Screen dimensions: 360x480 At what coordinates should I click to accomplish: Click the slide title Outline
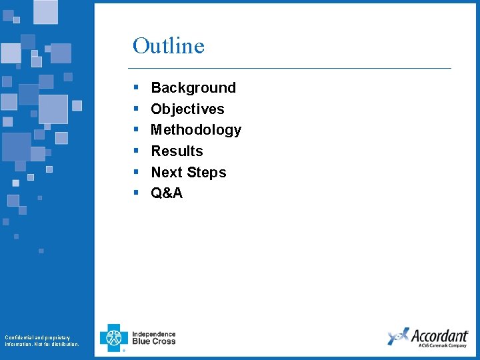tap(168, 46)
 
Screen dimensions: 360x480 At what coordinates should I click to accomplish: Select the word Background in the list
tap(193, 88)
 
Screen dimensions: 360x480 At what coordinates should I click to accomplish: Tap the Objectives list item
tap(187, 109)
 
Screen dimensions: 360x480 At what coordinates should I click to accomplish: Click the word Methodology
tap(196, 130)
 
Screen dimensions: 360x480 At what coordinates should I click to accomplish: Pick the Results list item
tap(177, 151)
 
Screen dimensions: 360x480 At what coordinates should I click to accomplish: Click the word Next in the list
tap(166, 173)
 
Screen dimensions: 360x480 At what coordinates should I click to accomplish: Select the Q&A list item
tap(167, 193)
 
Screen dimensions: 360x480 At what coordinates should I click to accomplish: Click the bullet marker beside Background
tap(135, 88)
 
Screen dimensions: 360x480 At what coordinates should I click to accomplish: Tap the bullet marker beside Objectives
tap(135, 109)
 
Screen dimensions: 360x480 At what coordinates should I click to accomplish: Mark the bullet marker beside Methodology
tap(135, 130)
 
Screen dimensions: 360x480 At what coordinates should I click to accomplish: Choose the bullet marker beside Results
tap(135, 151)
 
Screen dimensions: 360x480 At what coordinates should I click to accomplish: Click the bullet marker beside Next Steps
tap(135, 172)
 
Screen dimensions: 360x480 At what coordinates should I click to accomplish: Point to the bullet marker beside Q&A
tap(135, 193)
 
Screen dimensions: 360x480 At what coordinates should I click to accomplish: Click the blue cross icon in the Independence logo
tap(113, 337)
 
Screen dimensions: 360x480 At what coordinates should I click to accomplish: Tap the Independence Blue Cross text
tap(154, 338)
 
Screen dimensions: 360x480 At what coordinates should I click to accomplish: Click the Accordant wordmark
tap(439, 335)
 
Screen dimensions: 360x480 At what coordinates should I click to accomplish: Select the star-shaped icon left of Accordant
tap(397, 337)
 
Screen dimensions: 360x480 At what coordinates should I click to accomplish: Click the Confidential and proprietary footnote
tap(41, 341)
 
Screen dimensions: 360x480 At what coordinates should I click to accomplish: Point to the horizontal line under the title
tap(289, 68)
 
